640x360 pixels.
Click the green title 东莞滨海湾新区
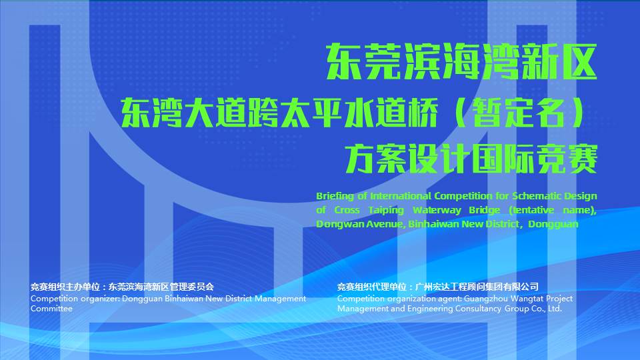pyautogui.click(x=461, y=61)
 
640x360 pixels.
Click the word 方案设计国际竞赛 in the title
pyautogui.click(x=471, y=159)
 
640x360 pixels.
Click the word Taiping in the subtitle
pyautogui.click(x=386, y=210)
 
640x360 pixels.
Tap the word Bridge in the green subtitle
pyautogui.click(x=485, y=210)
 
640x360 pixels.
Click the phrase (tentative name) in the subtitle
pyautogui.click(x=553, y=210)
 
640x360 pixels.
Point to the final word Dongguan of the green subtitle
pyautogui.click(x=553, y=224)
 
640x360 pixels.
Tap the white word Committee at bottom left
pyautogui.click(x=51, y=309)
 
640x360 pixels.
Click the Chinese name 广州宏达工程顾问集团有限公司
pyautogui.click(x=477, y=287)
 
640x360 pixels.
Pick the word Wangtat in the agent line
pyautogui.click(x=527, y=299)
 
